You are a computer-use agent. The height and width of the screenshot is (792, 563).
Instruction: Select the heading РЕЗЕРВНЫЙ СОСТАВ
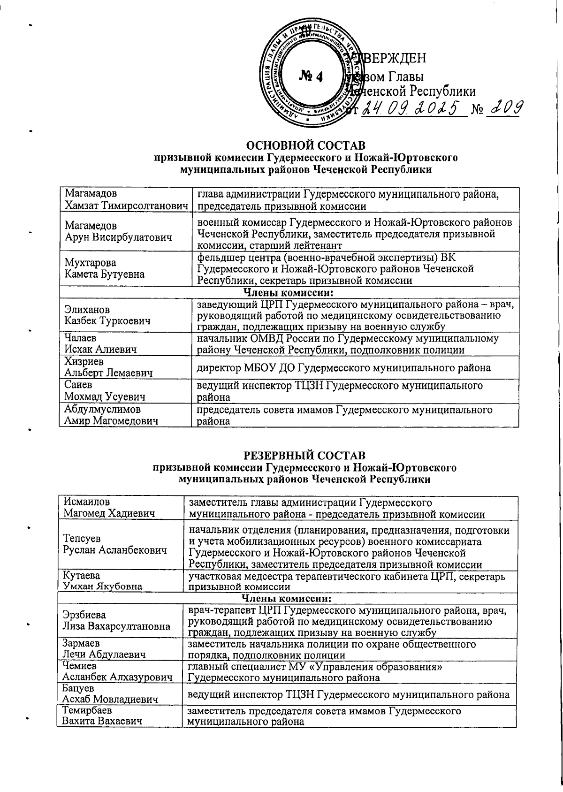[x=305, y=455]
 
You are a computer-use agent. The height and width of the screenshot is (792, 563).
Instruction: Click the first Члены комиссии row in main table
[x=289, y=293]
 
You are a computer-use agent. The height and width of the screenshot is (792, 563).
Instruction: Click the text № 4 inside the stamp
[x=311, y=76]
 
